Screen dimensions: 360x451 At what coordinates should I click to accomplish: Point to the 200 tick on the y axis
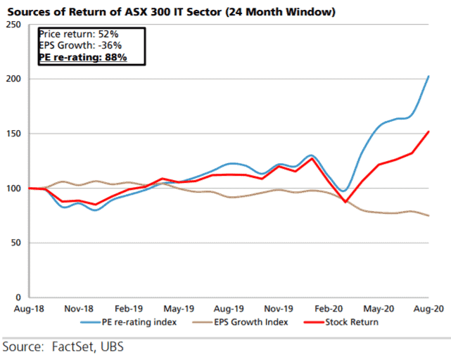tap(13, 79)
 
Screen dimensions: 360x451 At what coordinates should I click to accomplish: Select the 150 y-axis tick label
tap(13, 134)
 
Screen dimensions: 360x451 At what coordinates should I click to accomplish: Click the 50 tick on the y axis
tap(15, 243)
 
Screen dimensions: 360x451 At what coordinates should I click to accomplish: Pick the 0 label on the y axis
tap(18, 297)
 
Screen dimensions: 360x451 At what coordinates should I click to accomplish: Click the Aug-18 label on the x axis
tap(18, 309)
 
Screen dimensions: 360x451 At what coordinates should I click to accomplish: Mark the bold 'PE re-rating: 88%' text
tap(82, 57)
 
